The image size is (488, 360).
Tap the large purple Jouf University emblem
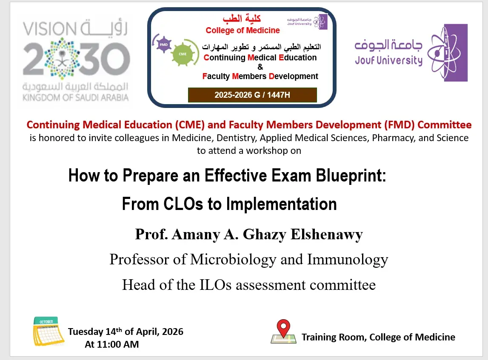click(447, 52)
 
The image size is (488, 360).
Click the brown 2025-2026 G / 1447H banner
click(252, 95)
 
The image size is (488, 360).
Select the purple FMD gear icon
click(164, 44)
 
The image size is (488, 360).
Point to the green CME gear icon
click(183, 55)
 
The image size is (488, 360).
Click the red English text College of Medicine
click(243, 30)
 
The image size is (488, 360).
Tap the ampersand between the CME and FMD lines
click(260, 67)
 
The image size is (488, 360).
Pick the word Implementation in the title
click(281, 204)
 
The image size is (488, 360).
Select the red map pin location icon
click(283, 329)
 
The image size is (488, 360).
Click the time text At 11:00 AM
click(112, 344)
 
